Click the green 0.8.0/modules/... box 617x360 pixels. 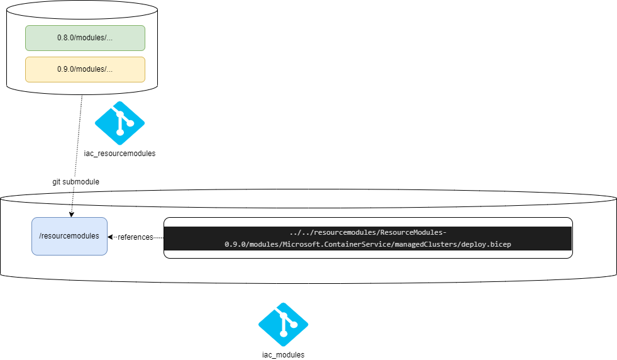click(x=85, y=38)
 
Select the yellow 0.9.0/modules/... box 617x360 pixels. click(x=85, y=69)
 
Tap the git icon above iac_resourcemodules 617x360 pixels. click(x=120, y=123)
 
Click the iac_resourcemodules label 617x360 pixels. click(x=120, y=153)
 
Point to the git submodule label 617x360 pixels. click(x=75, y=182)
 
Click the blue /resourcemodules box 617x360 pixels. click(x=69, y=236)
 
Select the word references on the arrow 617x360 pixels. click(x=135, y=237)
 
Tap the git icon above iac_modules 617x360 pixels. click(x=283, y=325)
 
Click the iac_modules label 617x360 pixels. click(x=283, y=355)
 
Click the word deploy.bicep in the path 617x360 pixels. click(x=486, y=244)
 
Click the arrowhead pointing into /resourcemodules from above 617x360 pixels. click(x=70, y=215)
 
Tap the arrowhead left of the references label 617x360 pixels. click(x=110, y=237)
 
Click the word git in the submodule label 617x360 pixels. click(x=57, y=182)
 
